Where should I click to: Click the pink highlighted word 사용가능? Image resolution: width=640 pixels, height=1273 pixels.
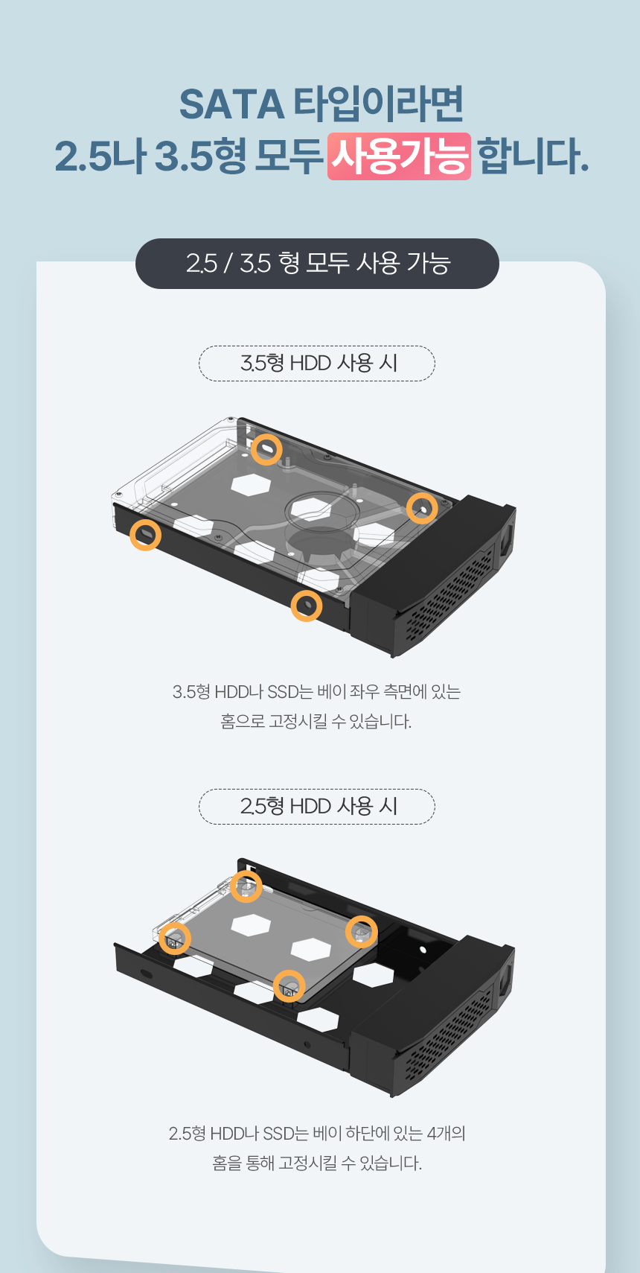pos(399,156)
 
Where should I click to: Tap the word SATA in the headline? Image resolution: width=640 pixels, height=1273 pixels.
pos(231,104)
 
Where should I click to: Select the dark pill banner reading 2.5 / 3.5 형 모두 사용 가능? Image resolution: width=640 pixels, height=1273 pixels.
pos(317,264)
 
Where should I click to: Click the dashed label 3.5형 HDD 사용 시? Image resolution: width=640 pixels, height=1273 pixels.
pos(317,364)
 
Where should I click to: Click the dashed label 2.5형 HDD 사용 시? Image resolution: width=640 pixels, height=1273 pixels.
pos(317,807)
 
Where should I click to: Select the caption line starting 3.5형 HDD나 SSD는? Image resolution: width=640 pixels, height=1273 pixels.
pos(316,692)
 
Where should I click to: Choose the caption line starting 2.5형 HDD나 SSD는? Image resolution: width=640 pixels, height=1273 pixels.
pos(317,1134)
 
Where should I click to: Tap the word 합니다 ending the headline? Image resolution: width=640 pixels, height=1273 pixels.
pos(533,156)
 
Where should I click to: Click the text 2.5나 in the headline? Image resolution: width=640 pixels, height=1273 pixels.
pos(100,156)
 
